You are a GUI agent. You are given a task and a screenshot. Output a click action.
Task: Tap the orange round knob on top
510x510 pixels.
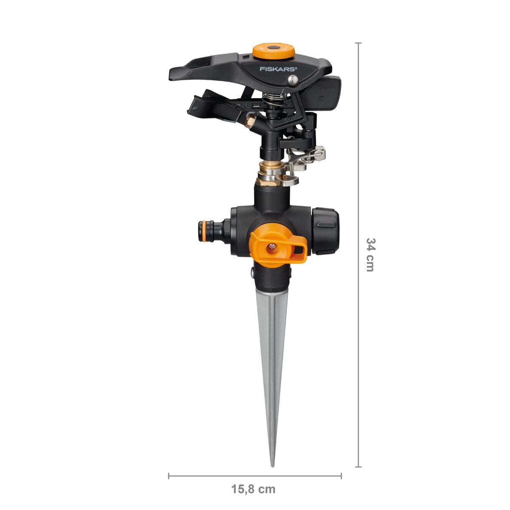(273, 51)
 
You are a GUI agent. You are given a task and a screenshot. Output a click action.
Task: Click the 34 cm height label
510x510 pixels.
(370, 255)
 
